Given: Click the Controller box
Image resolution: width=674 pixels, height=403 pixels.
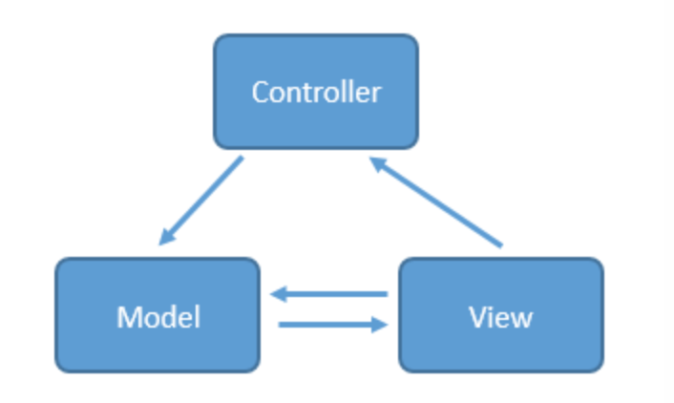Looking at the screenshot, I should coord(315,92).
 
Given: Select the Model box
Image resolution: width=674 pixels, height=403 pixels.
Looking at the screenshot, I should coord(158,314).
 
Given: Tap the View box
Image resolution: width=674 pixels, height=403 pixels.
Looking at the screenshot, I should coord(500,314).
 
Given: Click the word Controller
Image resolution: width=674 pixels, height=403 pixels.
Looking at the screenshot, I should coord(315,93).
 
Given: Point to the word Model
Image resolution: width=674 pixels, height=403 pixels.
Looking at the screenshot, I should coord(158,316).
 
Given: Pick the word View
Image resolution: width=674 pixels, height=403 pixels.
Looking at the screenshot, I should coord(500,316).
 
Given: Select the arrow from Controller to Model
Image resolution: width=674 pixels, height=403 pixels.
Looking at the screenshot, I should coord(201,201).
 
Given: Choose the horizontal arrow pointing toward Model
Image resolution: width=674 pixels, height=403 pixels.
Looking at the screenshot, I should coord(329,295).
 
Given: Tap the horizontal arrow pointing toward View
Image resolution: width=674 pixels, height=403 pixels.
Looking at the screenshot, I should coord(329,325).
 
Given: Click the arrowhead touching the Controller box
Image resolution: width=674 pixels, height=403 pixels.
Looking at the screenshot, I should coord(377,164).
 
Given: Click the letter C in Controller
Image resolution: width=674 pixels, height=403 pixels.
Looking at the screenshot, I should coord(259,93).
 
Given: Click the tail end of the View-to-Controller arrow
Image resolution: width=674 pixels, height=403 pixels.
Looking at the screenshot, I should coord(499,245).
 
